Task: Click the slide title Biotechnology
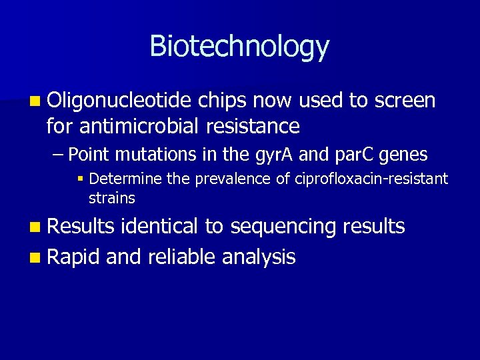239,47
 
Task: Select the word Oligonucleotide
121,101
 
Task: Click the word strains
111,198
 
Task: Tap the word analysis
260,257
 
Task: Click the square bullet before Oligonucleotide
35,102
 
